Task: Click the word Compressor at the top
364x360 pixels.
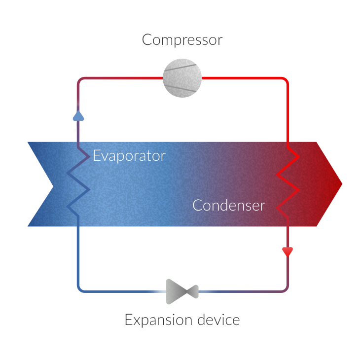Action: point(182,40)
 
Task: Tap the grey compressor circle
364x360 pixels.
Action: point(182,77)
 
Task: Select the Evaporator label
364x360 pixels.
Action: point(129,156)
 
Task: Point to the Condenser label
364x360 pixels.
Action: point(228,205)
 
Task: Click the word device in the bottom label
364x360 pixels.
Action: point(218,320)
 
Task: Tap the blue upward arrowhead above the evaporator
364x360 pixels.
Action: point(78,116)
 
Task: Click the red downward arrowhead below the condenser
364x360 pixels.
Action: point(288,252)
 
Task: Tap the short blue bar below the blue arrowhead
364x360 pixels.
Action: point(78,132)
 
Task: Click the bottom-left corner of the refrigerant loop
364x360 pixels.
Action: point(79,289)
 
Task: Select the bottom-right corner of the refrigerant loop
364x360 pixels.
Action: point(287,288)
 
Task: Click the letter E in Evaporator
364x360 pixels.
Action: point(97,156)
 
